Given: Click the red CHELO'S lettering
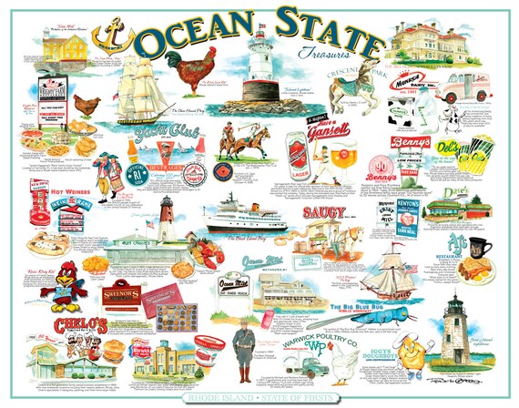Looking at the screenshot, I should (73, 324).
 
